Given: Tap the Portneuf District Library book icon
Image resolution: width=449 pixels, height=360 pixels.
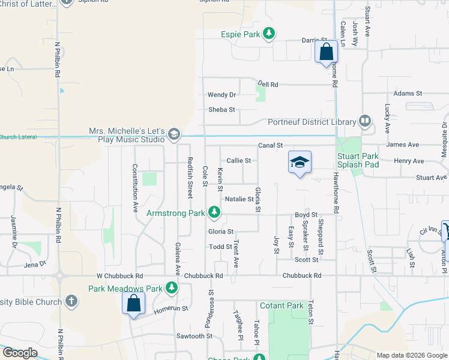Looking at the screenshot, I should tap(364, 122).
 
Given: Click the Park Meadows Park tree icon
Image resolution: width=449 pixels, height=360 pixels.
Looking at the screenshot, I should tap(172, 289).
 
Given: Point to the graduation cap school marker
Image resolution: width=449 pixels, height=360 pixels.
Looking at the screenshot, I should tap(300, 162).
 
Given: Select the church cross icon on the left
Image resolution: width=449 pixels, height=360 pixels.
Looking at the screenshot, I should tap(71, 301).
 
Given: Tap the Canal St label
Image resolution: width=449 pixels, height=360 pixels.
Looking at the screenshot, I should tap(271, 145).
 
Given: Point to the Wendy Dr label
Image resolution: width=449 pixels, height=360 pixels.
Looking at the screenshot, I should tap(221, 95).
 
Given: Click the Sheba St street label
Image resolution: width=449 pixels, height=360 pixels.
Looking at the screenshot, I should tap(221, 110).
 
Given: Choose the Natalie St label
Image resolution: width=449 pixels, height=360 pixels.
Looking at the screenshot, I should tap(239, 199).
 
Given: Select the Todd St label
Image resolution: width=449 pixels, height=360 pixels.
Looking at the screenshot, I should tap(220, 247).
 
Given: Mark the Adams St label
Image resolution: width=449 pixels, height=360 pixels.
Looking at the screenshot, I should tap(408, 94).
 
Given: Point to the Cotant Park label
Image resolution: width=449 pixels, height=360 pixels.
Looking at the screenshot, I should tap(282, 305).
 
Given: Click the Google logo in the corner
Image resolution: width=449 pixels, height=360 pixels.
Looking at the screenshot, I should tap(20, 353).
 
